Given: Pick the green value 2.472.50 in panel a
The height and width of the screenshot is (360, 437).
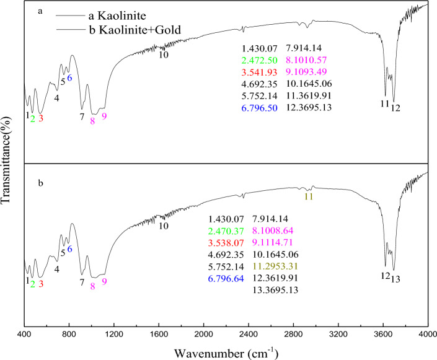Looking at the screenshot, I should tap(258, 59).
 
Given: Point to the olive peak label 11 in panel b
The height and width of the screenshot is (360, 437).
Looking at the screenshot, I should tap(308, 196).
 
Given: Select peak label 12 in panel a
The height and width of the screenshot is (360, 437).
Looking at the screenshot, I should tap(395, 107).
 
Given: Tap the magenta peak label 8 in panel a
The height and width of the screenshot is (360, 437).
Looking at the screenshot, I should tap(92, 120).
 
